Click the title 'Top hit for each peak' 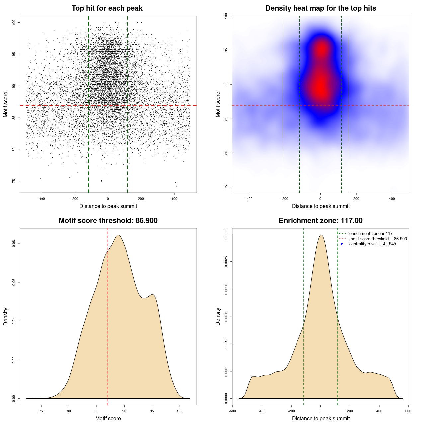pyautogui.click(x=107, y=8)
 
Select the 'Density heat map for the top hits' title pyautogui.click(x=320, y=8)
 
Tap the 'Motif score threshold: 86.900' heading pyautogui.click(x=108, y=221)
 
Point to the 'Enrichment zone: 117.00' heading pyautogui.click(x=320, y=221)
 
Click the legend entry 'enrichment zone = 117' pyautogui.click(x=371, y=234)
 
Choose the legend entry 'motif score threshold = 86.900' pyautogui.click(x=378, y=239)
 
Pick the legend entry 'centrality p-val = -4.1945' pyautogui.click(x=373, y=244)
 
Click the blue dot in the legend pyautogui.click(x=342, y=244)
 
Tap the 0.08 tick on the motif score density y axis pyautogui.click(x=14, y=244)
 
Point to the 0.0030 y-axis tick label pyautogui.click(x=226, y=234)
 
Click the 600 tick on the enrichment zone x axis pyautogui.click(x=408, y=411)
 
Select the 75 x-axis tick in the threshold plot pyautogui.click(x=41, y=411)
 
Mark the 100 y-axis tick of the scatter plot pyautogui.click(x=14, y=22)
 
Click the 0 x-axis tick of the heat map pyautogui.click(x=320, y=199)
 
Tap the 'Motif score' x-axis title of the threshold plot pyautogui.click(x=108, y=418)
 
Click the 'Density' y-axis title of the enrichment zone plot pyautogui.click(x=218, y=316)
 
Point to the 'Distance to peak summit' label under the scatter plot pyautogui.click(x=108, y=206)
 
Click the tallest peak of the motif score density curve pyautogui.click(x=118, y=235)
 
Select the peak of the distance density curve pyautogui.click(x=321, y=235)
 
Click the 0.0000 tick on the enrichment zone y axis pyautogui.click(x=226, y=398)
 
